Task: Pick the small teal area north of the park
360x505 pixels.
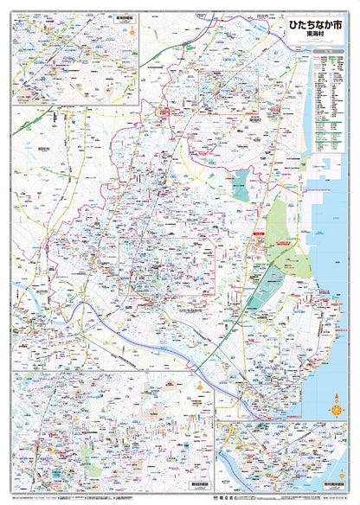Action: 241,183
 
